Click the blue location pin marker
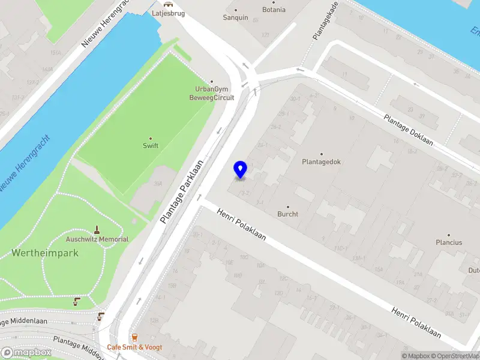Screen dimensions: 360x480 click(240, 170)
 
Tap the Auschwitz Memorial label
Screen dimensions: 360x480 click(97, 239)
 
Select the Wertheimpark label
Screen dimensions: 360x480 click(45, 253)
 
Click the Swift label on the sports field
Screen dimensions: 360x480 click(150, 146)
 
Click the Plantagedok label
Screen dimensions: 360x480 click(321, 161)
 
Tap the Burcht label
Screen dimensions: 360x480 click(287, 214)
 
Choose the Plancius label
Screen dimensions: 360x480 click(449, 242)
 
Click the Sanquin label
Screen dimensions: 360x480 click(235, 17)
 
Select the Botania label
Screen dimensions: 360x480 click(274, 10)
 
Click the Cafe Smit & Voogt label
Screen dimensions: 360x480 click(134, 347)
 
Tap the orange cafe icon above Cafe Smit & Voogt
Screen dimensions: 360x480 click(134, 338)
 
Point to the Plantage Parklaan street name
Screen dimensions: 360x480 click(182, 191)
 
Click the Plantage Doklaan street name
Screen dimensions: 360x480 click(410, 131)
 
